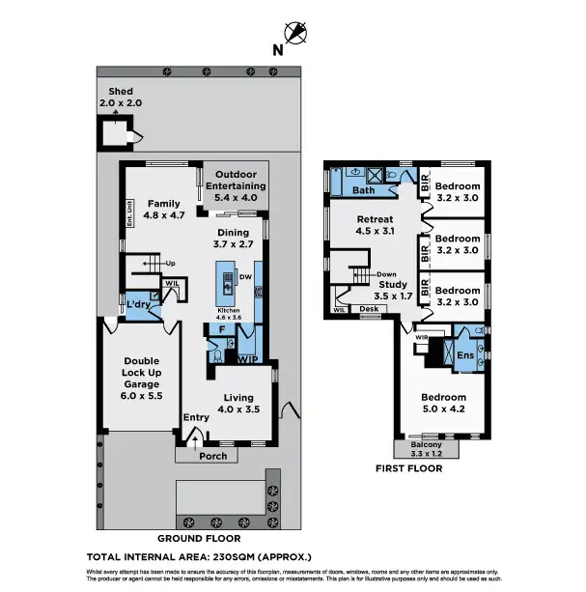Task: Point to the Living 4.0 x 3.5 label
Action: coord(238,403)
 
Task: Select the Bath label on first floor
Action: coord(363,191)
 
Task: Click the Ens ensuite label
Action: coord(464,355)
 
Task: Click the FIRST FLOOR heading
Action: coord(409,468)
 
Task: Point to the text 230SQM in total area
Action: coord(231,557)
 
